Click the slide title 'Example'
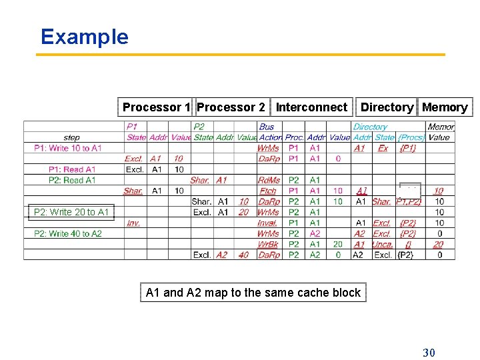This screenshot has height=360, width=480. pyautogui.click(x=84, y=37)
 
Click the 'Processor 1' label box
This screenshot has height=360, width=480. pyautogui.click(x=157, y=107)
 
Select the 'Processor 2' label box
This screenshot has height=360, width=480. pyautogui.click(x=231, y=107)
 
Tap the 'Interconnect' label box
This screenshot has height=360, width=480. pyautogui.click(x=311, y=107)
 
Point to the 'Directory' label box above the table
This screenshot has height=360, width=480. pyautogui.click(x=387, y=107)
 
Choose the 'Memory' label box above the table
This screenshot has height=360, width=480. pyautogui.click(x=445, y=107)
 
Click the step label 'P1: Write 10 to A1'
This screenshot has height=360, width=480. pyautogui.click(x=67, y=148)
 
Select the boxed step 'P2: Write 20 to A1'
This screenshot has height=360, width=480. pyautogui.click(x=71, y=213)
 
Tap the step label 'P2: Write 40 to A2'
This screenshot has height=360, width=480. pyautogui.click(x=67, y=233)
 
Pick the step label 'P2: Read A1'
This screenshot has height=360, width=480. pyautogui.click(x=72, y=180)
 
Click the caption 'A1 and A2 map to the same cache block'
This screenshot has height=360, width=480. pyautogui.click(x=253, y=293)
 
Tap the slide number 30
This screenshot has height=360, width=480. pyautogui.click(x=429, y=352)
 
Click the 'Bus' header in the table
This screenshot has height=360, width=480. pyautogui.click(x=266, y=127)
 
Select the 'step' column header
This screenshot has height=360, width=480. pyautogui.click(x=72, y=137)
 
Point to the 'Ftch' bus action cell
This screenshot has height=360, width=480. pyautogui.click(x=268, y=191)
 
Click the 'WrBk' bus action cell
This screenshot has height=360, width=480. pyautogui.click(x=268, y=244)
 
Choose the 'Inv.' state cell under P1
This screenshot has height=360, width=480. pyautogui.click(x=133, y=223)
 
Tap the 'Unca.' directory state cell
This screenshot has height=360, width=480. pyautogui.click(x=382, y=244)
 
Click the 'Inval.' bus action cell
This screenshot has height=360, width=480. pyautogui.click(x=267, y=223)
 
